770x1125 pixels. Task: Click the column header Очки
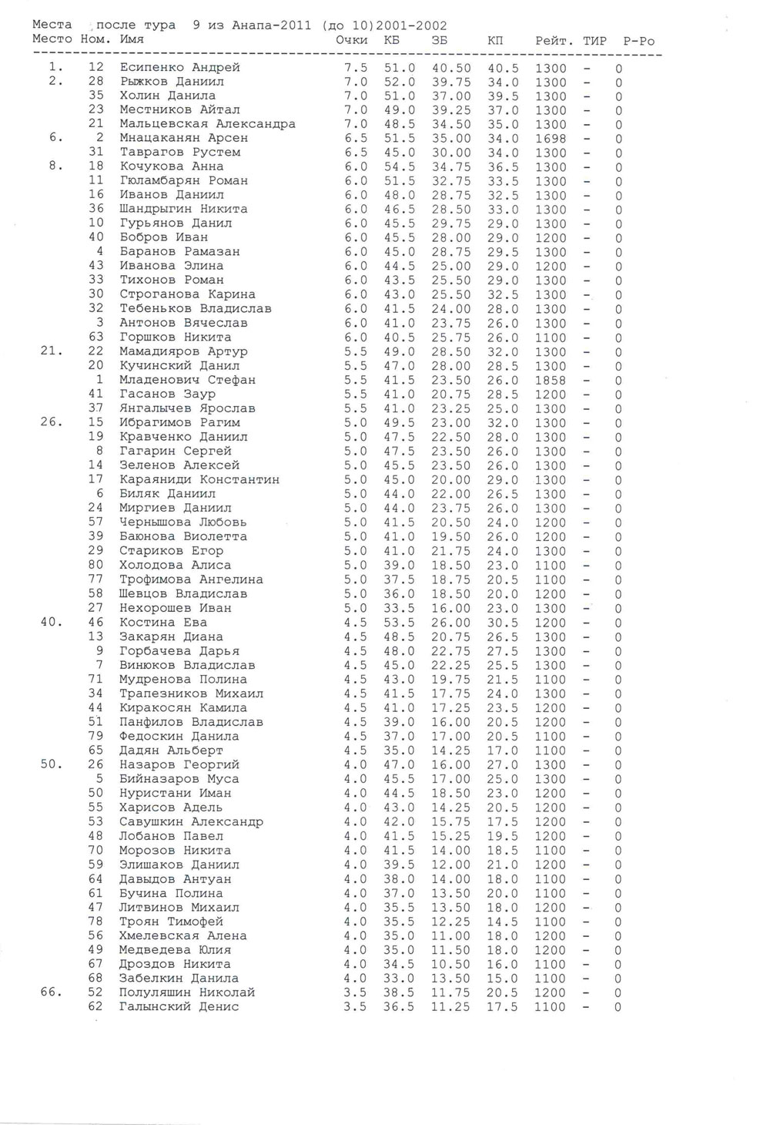click(x=352, y=40)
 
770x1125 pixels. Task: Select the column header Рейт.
click(x=554, y=41)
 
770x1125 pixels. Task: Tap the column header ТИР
click(x=594, y=41)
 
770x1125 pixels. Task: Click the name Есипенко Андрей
click(x=179, y=68)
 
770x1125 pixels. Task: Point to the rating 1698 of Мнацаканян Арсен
click(x=551, y=139)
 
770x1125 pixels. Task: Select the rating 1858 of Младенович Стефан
click(x=551, y=380)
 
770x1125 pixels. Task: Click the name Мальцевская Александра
click(x=207, y=124)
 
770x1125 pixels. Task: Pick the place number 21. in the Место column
click(x=52, y=351)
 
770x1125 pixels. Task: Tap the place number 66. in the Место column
click(x=52, y=992)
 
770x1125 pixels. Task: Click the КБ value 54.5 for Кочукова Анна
click(x=400, y=166)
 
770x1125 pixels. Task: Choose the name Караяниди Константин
click(x=199, y=479)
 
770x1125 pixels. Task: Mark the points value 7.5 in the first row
click(x=356, y=68)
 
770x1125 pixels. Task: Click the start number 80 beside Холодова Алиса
click(x=95, y=565)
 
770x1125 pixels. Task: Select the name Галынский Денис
click(x=179, y=1006)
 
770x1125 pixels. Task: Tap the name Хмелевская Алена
click(x=183, y=935)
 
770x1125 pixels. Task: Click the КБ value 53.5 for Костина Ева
click(x=400, y=623)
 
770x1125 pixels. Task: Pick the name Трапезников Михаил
click(x=191, y=693)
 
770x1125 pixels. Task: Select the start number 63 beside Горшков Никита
click(x=95, y=337)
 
